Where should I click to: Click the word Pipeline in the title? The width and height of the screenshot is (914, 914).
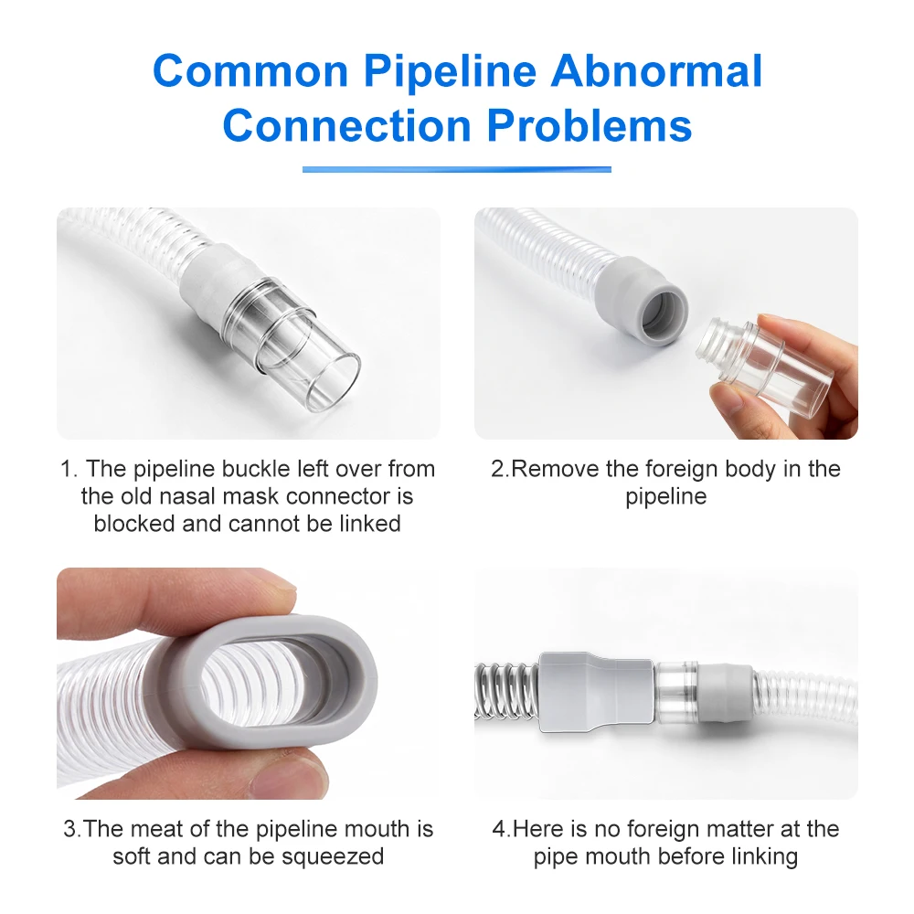coord(450,71)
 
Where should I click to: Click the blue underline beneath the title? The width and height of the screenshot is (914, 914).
coord(456,169)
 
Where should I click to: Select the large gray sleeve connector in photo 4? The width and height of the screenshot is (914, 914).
coord(597,692)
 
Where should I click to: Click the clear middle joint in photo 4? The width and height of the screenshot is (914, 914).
coord(676,692)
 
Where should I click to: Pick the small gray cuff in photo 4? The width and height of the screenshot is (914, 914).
coord(726,692)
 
